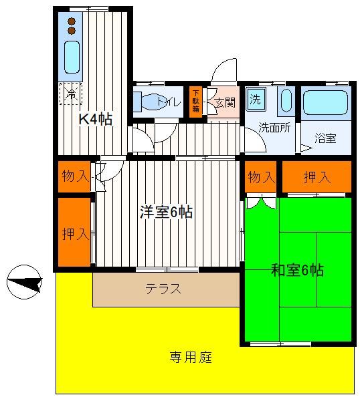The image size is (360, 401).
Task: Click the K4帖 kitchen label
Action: click(95, 119)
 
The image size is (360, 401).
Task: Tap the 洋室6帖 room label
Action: click(166, 212)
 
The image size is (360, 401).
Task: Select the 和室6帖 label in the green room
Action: click(297, 270)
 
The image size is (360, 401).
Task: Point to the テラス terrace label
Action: click(163, 289)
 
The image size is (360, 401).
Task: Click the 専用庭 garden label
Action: click(191, 358)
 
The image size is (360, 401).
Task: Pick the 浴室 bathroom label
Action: click(325, 138)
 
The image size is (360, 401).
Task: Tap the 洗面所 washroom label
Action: click(274, 128)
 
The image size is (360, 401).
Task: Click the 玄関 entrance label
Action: click(225, 103)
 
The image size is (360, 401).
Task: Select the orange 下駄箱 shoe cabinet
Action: click(195, 102)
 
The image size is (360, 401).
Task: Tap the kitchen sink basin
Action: click(72, 57)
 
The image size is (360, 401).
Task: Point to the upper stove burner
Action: click(72, 21)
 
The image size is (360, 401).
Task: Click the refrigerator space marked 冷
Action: click(70, 94)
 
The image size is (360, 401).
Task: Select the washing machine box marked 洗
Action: click(256, 99)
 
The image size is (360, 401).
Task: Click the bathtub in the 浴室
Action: click(325, 102)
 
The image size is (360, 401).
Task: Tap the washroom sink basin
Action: click(286, 100)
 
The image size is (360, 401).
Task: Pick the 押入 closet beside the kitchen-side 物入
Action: click(74, 232)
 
